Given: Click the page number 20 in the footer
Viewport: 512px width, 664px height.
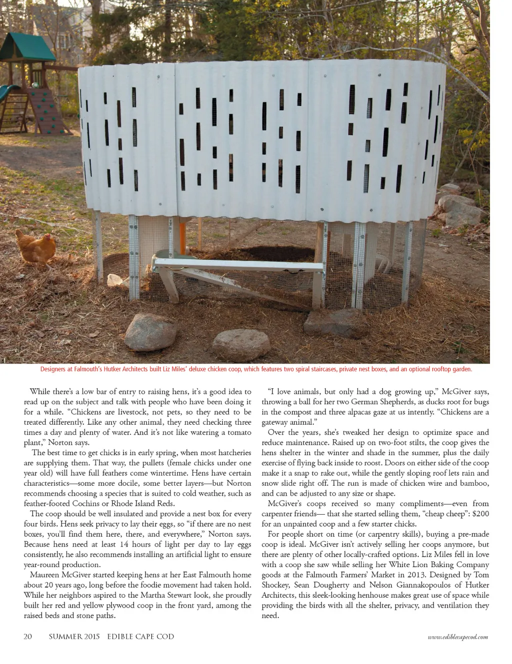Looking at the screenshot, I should pos(28,637).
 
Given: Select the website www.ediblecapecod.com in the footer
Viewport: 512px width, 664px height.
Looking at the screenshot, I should pos(457,637).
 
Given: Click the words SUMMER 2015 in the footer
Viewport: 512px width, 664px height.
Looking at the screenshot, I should pos(74,637).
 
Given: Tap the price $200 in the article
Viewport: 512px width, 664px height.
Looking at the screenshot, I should pos(480,514).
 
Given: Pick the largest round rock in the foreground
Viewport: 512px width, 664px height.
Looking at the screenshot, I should pos(149,332).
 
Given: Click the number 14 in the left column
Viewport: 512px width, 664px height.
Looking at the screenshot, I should pos(124,544).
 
